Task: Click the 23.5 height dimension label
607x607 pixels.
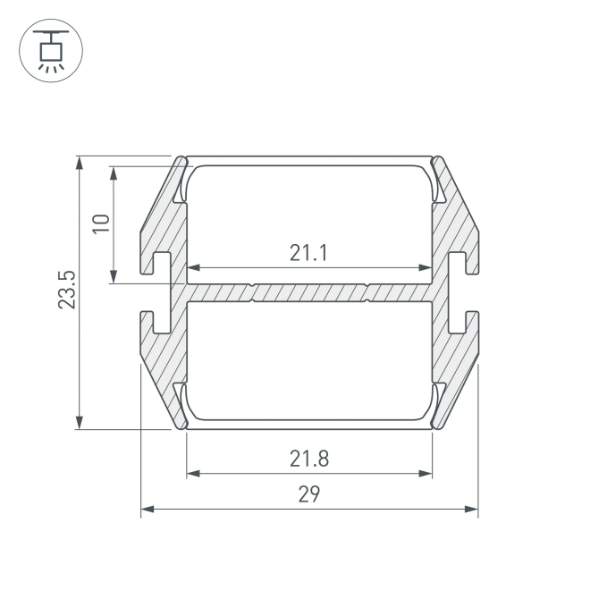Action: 67,290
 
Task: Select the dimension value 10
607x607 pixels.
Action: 101,223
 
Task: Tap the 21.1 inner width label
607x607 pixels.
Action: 308,253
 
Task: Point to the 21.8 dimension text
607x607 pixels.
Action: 309,459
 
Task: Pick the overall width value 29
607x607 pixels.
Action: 309,494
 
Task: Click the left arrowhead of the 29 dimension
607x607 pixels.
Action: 148,509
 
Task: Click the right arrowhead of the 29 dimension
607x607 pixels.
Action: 471,509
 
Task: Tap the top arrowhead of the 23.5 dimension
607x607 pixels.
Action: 80,163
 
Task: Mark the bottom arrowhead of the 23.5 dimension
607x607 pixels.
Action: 80,423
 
